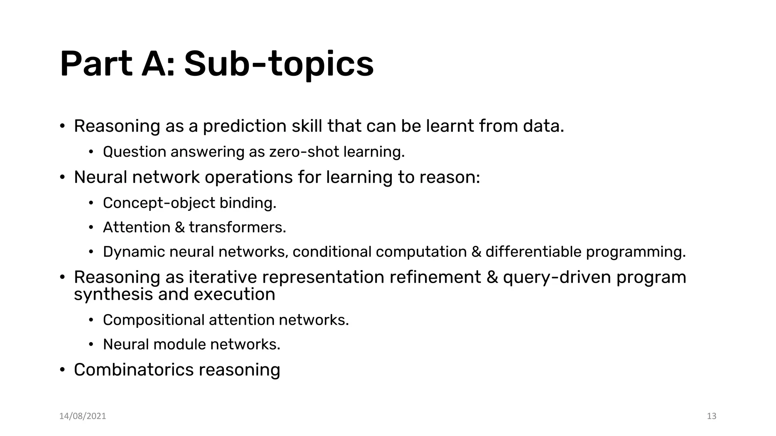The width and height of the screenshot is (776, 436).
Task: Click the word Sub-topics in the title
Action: [x=278, y=64]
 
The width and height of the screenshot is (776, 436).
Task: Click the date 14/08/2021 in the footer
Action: [x=83, y=416]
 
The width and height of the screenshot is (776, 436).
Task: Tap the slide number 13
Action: [x=712, y=416]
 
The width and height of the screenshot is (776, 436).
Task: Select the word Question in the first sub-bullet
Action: [x=135, y=152]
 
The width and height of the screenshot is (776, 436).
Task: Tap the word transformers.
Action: [x=237, y=227]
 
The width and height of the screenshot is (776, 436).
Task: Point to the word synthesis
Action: [x=113, y=295]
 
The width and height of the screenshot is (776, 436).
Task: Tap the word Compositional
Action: [x=153, y=321]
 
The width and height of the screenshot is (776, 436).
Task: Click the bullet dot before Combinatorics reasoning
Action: [x=63, y=370]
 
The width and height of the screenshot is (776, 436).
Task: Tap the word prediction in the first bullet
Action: [x=244, y=126]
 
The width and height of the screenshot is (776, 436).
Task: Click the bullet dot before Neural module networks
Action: [x=91, y=345]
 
